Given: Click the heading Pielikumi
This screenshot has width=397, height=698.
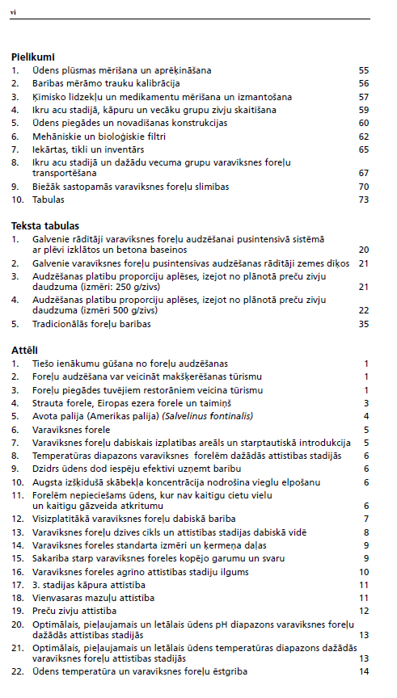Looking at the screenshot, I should pos(33,57).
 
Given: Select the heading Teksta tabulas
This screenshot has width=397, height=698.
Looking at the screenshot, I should pos(44,225).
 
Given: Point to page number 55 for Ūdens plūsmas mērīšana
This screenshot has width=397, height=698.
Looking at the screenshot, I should pos(363,71).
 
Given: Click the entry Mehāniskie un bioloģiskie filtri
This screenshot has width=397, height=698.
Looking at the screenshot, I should pos(93,136).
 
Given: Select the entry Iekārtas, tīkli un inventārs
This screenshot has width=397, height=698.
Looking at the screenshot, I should pos(88,149).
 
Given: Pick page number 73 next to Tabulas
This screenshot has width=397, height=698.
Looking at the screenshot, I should pos(363,199).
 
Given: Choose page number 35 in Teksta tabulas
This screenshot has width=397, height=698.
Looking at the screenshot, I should pos(363,323).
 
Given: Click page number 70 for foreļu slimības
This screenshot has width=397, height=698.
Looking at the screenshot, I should pos(363,186).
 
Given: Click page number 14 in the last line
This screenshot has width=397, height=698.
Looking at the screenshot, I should pos(364,671).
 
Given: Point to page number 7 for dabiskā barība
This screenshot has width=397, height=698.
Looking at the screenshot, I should pos(366,519).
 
